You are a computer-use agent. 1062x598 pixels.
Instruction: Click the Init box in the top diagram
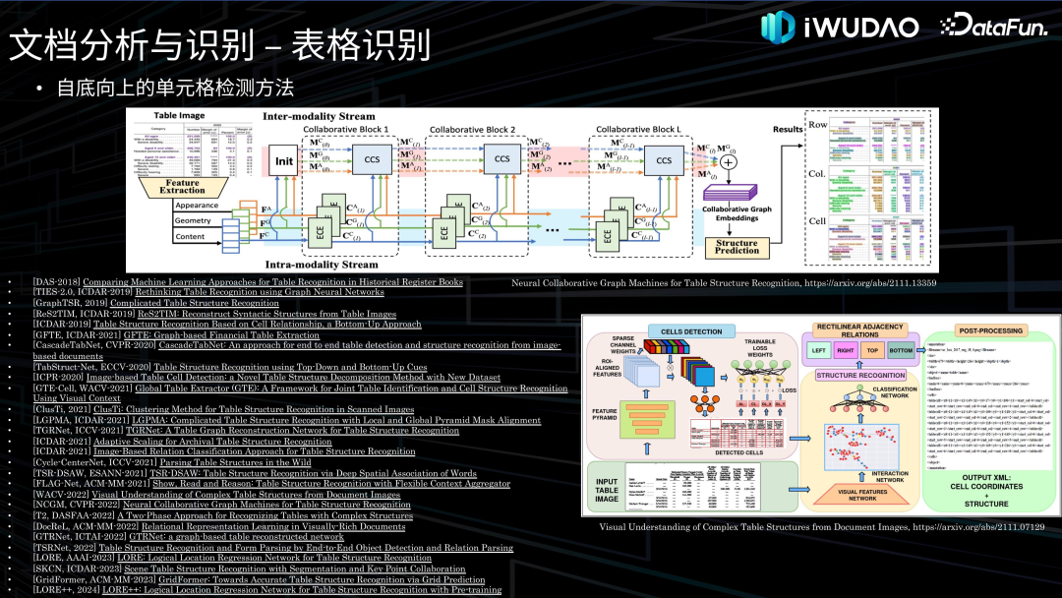284,161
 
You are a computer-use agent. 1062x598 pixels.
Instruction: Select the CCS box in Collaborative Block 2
501,160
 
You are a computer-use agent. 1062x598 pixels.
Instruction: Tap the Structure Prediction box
737,248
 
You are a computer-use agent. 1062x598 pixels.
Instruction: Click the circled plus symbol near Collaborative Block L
728,161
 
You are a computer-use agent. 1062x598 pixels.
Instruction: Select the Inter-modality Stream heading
319,116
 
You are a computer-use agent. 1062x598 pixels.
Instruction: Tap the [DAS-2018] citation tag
57,281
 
